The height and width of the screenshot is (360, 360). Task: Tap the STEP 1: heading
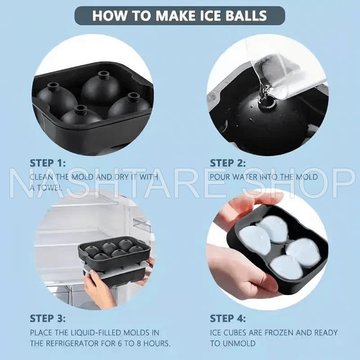[x=48, y=163]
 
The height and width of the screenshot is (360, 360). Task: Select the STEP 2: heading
[x=228, y=163]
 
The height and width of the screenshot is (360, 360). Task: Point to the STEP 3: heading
[x=48, y=319]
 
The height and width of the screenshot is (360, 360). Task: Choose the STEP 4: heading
[x=228, y=319]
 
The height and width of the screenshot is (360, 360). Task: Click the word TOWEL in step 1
[x=50, y=188]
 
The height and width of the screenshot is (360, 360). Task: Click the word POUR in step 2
[x=220, y=177]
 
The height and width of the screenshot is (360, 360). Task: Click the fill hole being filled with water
[x=266, y=102]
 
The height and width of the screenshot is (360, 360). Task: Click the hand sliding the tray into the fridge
[x=96, y=285]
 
